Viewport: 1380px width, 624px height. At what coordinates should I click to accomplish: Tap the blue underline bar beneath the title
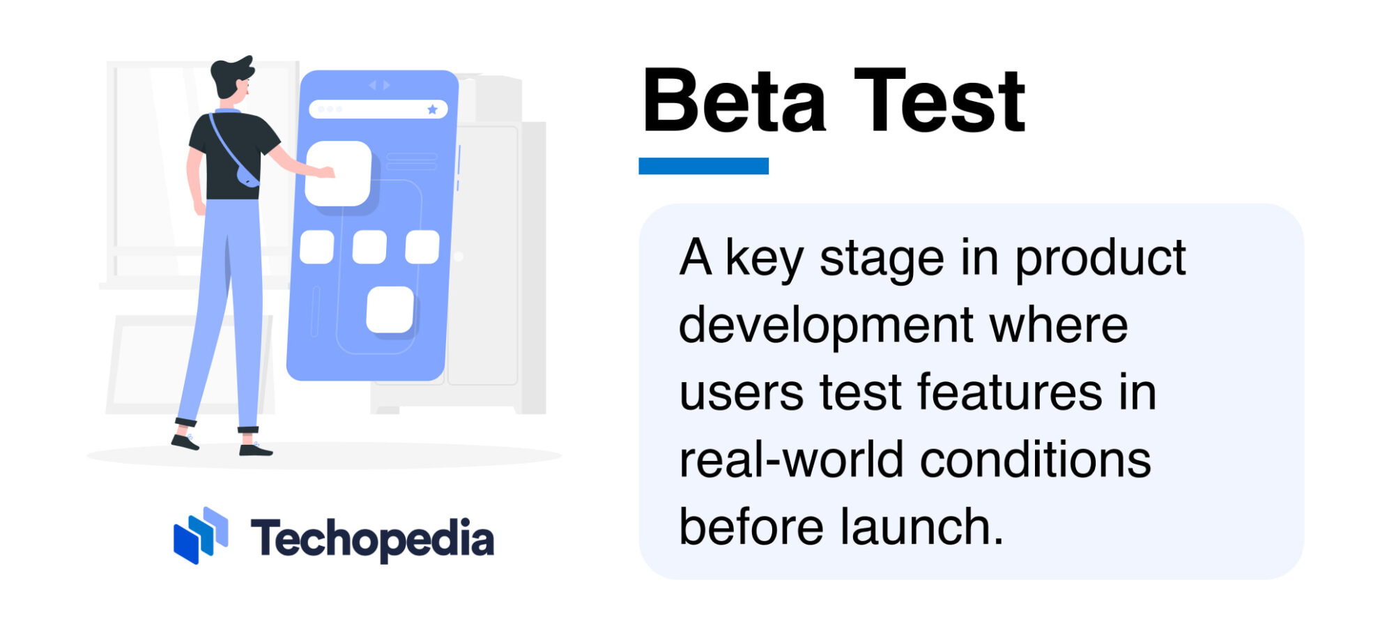[703, 166]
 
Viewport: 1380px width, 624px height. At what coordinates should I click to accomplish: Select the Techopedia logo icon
[201, 535]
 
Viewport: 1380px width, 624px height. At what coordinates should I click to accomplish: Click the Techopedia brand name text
[372, 539]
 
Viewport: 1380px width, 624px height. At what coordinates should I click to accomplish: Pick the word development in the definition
[826, 326]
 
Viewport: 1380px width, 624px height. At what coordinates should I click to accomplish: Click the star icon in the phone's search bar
[432, 109]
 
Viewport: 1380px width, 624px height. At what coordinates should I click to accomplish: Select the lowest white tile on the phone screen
[390, 310]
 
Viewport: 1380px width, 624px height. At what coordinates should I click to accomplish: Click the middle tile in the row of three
[369, 247]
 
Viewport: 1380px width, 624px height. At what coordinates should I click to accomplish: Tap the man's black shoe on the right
[255, 450]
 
